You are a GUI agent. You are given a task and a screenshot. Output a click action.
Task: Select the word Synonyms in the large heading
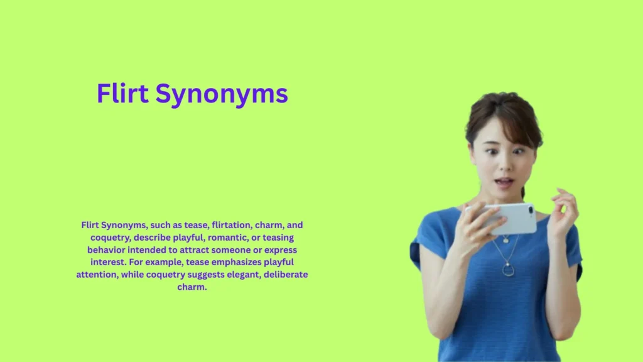pos(221,95)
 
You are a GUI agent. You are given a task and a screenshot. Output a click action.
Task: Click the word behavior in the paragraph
pos(107,250)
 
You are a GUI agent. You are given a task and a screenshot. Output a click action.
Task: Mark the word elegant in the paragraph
pos(225,275)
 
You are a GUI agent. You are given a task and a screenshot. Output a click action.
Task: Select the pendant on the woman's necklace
pos(508,270)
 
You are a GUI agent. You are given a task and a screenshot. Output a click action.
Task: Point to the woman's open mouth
pos(503,183)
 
